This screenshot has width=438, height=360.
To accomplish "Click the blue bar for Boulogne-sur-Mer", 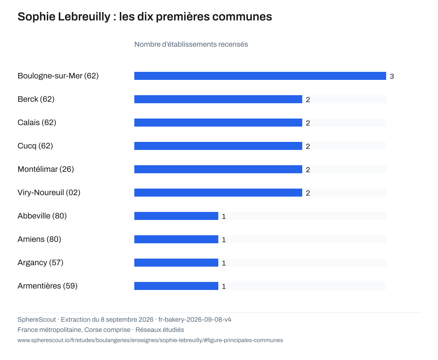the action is click(260, 76).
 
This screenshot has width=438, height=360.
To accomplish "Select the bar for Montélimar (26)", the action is click(218, 169).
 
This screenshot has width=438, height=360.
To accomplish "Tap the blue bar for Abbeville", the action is click(176, 216).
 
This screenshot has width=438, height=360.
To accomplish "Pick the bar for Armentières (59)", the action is click(176, 286).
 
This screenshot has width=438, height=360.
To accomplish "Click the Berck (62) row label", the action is click(36, 99).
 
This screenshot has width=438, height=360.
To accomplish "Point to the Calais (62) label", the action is click(37, 123).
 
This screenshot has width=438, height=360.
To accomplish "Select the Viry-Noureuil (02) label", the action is click(49, 193).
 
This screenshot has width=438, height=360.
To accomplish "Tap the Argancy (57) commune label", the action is click(40, 263).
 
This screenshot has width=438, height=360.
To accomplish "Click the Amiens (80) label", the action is click(39, 239).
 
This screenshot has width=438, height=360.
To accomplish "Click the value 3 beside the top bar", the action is click(392, 76).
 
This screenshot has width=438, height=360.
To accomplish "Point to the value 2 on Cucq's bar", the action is click(308, 147).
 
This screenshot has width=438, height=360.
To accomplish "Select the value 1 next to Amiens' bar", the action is click(224, 240).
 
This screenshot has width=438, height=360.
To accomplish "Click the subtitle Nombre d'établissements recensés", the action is click(191, 44).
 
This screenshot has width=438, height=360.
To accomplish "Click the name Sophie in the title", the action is click(36, 17).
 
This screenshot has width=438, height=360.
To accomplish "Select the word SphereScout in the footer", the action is click(36, 320).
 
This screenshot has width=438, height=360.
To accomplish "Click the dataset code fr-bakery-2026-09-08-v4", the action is click(195, 320).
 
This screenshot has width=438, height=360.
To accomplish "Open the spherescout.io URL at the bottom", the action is click(150, 340).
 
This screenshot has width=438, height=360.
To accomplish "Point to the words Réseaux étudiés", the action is click(160, 330).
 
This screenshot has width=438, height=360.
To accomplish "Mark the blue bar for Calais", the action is click(218, 123).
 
